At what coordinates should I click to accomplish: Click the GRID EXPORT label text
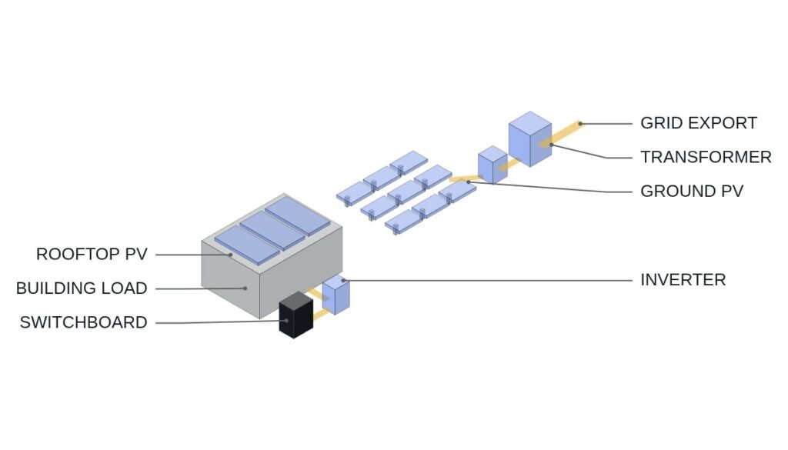[699, 123]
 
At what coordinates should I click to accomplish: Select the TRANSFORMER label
[706, 157]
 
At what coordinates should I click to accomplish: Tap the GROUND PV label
[692, 192]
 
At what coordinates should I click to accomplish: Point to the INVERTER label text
[683, 280]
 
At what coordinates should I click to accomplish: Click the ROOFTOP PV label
[92, 254]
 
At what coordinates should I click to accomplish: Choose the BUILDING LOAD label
[82, 288]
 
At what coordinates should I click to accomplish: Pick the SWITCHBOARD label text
[83, 322]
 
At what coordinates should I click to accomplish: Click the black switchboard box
[296, 315]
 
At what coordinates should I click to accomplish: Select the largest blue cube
[530, 138]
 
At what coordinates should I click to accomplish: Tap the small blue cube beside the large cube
[492, 165]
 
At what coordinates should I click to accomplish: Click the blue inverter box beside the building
[336, 295]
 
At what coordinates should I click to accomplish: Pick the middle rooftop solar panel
[272, 231]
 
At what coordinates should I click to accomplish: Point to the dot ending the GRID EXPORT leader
[580, 124]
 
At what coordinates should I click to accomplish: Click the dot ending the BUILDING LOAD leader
[245, 288]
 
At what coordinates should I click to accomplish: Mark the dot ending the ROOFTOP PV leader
[231, 255]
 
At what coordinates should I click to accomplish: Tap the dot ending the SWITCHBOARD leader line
[286, 321]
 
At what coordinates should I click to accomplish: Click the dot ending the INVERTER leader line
[343, 280]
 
